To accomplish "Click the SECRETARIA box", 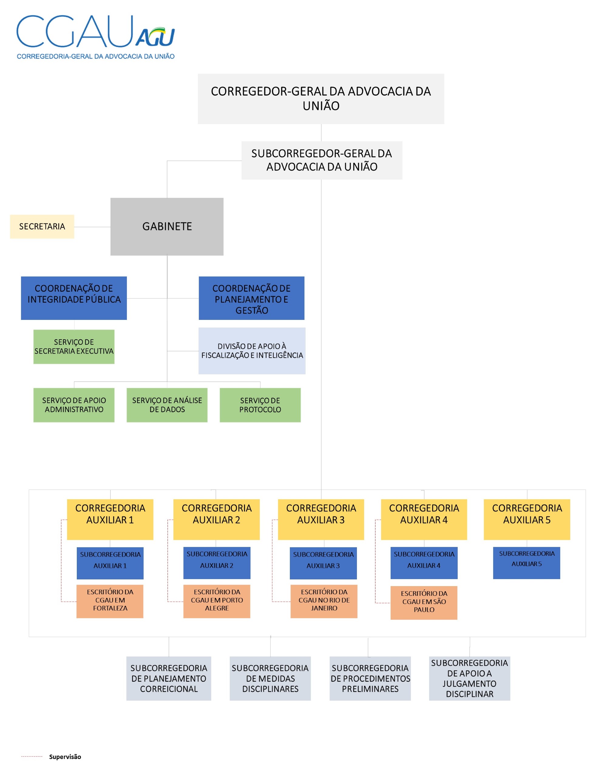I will point(42,227).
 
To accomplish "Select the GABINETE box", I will point(167,227).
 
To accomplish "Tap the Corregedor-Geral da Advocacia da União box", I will point(320,99).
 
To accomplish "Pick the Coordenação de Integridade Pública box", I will point(74,298).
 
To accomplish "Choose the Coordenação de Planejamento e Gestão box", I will point(252,298).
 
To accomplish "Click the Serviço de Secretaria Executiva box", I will point(74,347).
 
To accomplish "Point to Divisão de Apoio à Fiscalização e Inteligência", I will point(252,351).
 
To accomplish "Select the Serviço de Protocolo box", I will point(260,405).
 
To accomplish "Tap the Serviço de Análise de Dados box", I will point(167,405).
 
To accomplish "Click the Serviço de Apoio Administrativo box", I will point(74,405).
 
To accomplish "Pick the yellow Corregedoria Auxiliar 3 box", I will point(320,519).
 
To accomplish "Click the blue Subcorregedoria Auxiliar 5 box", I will point(527,563).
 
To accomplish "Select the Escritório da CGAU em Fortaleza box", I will point(110,601).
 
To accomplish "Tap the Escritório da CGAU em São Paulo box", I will point(424,603).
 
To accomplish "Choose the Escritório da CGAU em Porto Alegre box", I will point(217,601).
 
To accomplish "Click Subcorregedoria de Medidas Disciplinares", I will point(270,678).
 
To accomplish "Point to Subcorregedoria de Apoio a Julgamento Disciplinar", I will point(469,678).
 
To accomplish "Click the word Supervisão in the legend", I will point(65,757).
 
